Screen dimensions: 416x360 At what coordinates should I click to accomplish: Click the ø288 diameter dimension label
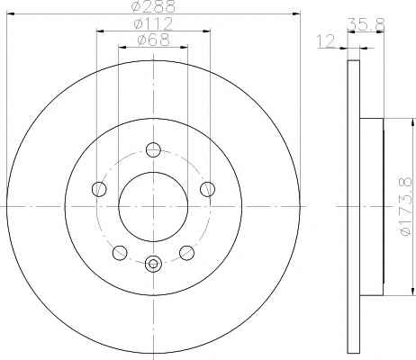click(153, 6)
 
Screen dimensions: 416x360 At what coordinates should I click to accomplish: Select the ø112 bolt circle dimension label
click(153, 24)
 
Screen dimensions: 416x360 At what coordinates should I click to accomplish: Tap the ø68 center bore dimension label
click(153, 40)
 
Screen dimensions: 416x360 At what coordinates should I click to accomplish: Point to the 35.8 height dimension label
click(366, 24)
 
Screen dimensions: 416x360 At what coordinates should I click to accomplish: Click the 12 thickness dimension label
click(326, 41)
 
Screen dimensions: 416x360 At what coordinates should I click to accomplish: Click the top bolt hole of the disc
click(153, 149)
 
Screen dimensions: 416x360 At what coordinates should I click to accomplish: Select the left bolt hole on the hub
click(99, 189)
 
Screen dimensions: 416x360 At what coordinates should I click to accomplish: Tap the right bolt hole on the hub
click(208, 189)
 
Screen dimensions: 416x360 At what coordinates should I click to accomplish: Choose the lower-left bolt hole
click(120, 253)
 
